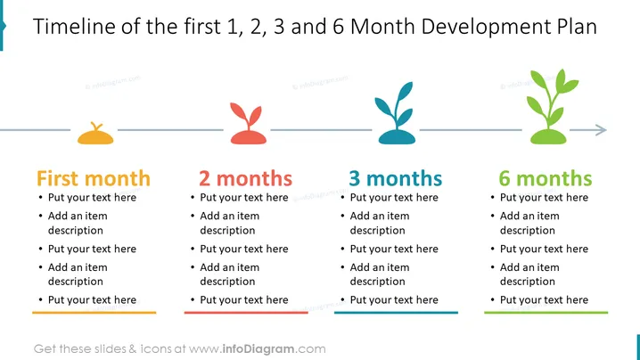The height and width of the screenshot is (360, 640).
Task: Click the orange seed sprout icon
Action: pyautogui.click(x=95, y=135)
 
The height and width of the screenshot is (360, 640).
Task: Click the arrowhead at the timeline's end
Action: pyautogui.click(x=601, y=130)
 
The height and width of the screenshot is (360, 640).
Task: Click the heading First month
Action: pyautogui.click(x=94, y=178)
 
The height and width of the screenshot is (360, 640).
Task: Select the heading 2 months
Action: pyautogui.click(x=245, y=178)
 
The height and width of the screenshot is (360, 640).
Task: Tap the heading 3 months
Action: pyautogui.click(x=396, y=178)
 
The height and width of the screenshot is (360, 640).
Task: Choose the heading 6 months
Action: pyautogui.click(x=546, y=178)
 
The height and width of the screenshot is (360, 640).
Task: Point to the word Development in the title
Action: pyautogui.click(x=486, y=28)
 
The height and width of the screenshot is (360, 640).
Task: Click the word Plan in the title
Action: pyautogui.click(x=577, y=26)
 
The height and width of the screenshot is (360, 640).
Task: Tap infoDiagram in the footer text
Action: pyautogui.click(x=258, y=349)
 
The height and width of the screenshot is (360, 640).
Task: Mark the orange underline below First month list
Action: pyautogui.click(x=94, y=313)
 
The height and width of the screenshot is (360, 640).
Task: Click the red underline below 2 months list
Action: pyautogui.click(x=246, y=313)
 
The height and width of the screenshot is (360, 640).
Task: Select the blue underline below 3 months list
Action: pyautogui.click(x=396, y=313)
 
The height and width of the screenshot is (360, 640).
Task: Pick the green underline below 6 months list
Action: pyautogui.click(x=546, y=313)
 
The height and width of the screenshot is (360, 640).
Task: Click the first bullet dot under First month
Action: pyautogui.click(x=40, y=198)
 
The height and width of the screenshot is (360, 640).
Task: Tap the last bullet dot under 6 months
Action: pyautogui.click(x=492, y=300)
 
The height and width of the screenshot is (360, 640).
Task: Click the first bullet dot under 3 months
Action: pyautogui.click(x=342, y=198)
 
